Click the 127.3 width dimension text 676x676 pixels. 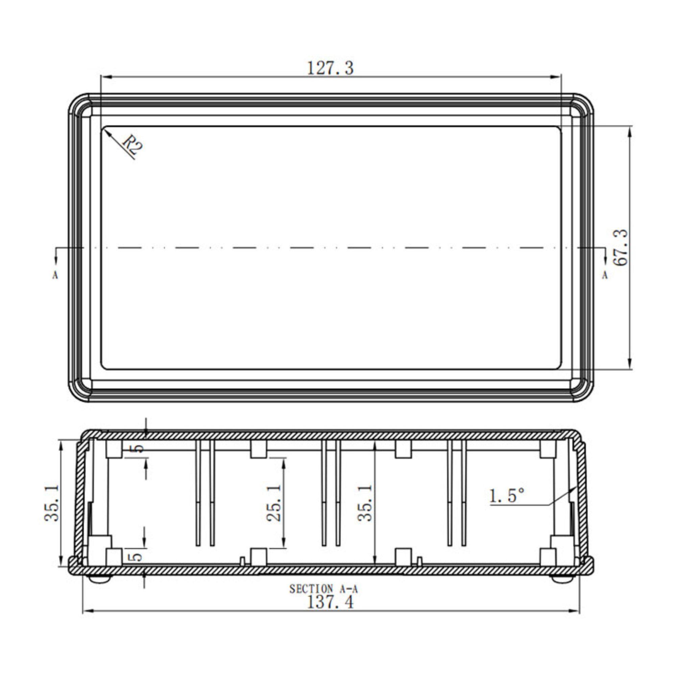pyautogui.click(x=330, y=68)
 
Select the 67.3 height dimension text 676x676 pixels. pyautogui.click(x=621, y=247)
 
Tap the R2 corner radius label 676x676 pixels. pyautogui.click(x=133, y=145)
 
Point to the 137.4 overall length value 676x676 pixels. pyautogui.click(x=330, y=602)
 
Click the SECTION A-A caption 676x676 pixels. pyautogui.click(x=324, y=589)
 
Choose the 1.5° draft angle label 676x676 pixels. pyautogui.click(x=507, y=496)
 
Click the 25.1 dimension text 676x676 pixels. pyautogui.click(x=274, y=503)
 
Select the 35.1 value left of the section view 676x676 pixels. pyautogui.click(x=52, y=503)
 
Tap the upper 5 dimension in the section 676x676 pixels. pyautogui.click(x=139, y=448)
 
